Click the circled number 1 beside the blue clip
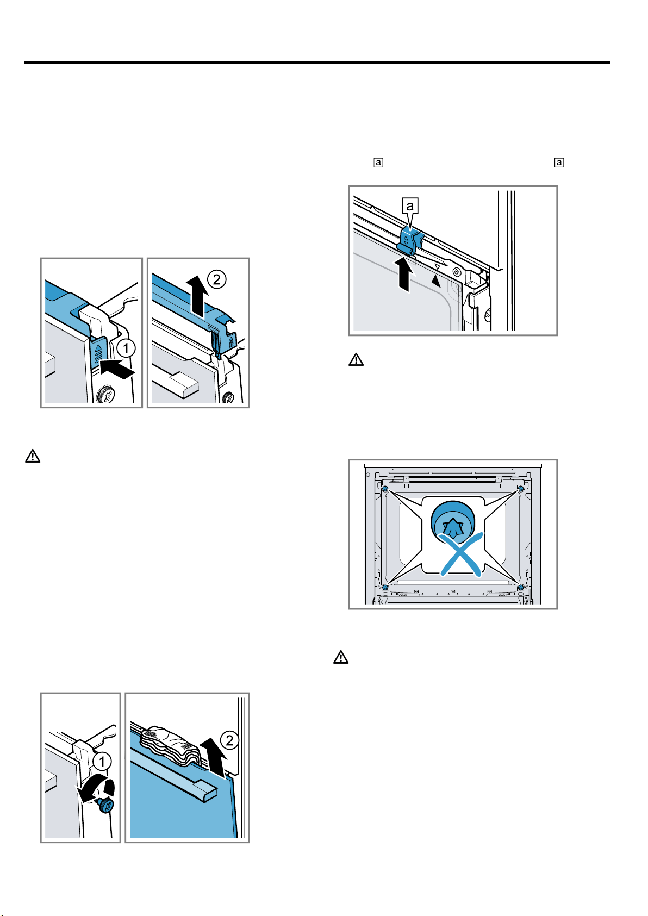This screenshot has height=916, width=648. pos(126,348)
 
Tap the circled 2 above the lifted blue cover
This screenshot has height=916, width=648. pos(217,279)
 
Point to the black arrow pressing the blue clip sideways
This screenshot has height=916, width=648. pos(117,367)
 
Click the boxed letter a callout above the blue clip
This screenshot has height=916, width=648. pos(410,205)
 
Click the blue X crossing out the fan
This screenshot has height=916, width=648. pos(461,554)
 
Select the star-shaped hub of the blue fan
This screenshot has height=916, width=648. pos(452,527)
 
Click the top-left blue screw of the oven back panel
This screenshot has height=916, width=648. pos(385,489)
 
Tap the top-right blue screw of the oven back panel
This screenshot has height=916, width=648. pos(520,489)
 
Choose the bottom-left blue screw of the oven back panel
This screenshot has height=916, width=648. pos(385,587)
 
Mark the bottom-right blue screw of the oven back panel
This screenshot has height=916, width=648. pos(520,587)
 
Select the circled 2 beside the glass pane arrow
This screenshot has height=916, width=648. pos(229,740)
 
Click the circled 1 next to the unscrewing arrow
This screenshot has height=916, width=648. pos(102,762)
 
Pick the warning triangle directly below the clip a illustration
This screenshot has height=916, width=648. pos(356,359)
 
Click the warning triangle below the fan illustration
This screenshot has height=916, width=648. pos(341,657)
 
